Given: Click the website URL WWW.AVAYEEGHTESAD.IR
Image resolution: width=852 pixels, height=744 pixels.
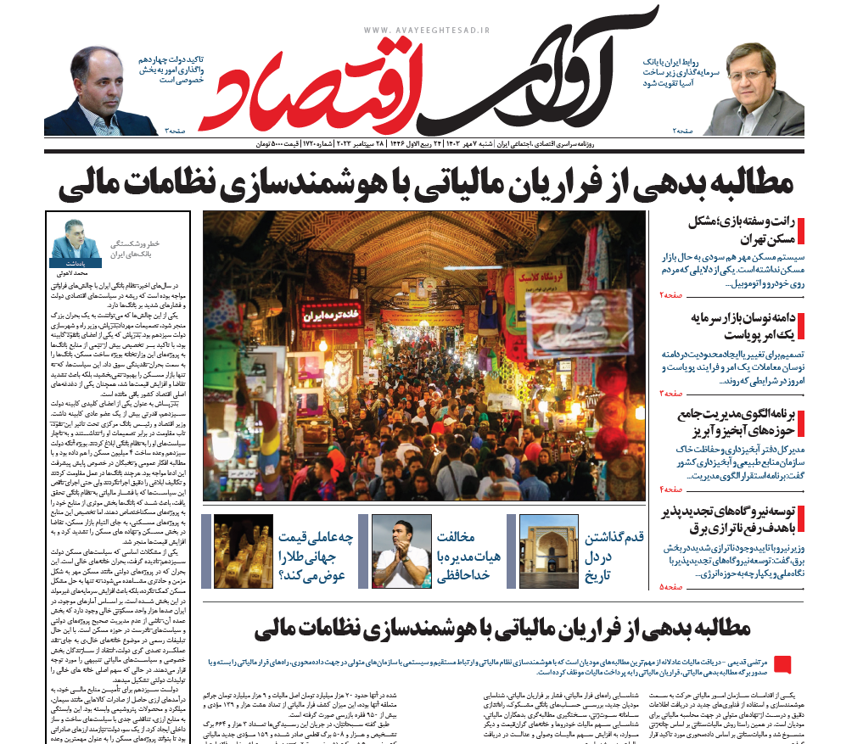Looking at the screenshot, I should pyautogui.click(x=427, y=30).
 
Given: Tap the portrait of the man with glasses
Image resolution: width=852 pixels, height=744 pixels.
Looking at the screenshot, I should pyautogui.click(x=761, y=88).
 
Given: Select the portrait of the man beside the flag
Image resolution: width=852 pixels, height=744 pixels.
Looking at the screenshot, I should pyautogui.click(x=100, y=92).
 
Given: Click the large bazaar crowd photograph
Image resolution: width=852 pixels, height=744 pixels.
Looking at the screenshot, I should pyautogui.click(x=423, y=355).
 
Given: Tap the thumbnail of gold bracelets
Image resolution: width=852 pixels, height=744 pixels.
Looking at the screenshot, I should pyautogui.click(x=243, y=551).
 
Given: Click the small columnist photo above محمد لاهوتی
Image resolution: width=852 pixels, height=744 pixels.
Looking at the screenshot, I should pyautogui.click(x=75, y=242).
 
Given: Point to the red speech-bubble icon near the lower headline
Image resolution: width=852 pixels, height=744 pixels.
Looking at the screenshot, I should pyautogui.click(x=782, y=664).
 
